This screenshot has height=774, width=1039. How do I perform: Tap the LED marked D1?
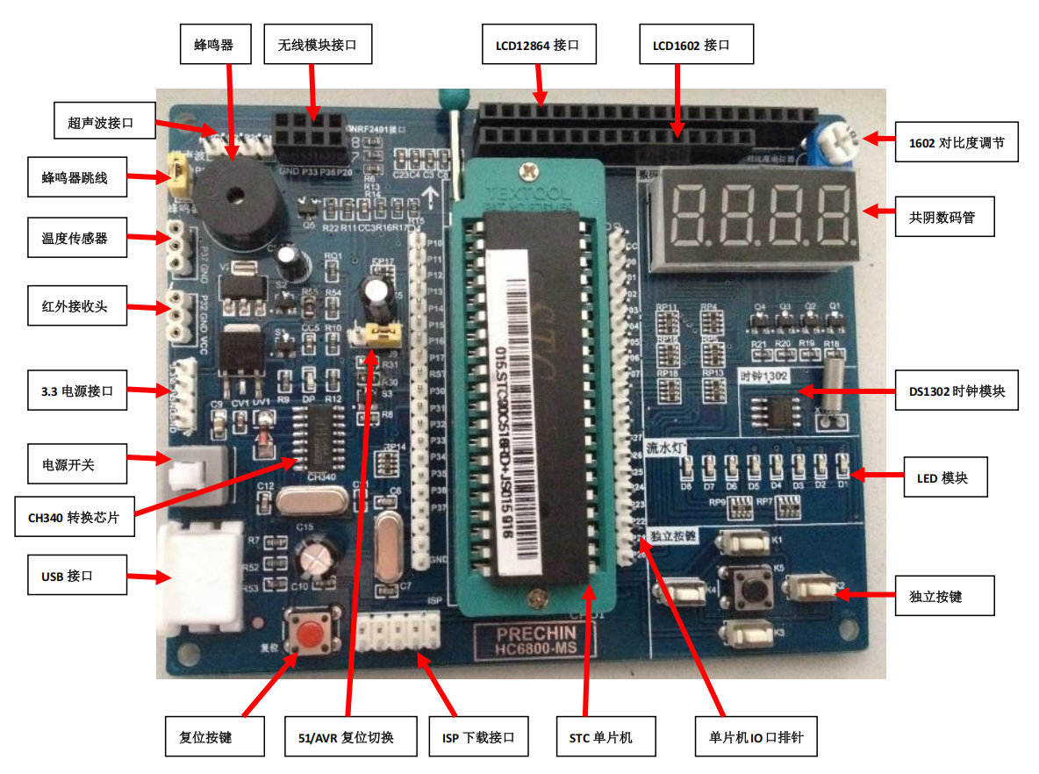tap(842, 463)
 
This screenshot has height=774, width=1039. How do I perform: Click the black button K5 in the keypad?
tap(751, 585)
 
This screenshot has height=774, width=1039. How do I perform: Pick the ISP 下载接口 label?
tap(478, 737)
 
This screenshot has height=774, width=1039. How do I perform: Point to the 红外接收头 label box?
tap(76, 307)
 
